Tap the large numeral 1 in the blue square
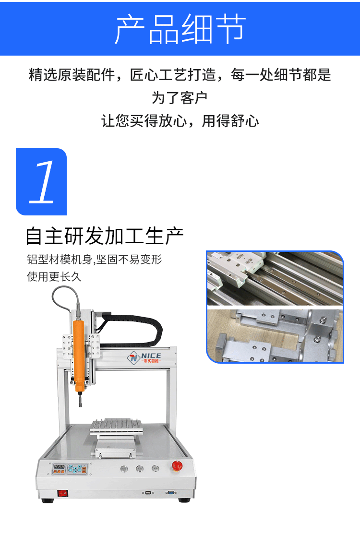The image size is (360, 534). (42, 182)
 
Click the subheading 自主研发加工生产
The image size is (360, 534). (105, 237)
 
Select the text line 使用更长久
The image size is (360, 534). (54, 277)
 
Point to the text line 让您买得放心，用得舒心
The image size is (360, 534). (180, 121)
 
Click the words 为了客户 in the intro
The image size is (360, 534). (180, 98)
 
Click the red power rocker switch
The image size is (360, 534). (62, 492)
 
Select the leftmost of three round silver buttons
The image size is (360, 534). (125, 469)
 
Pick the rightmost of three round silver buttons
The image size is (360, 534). (155, 469)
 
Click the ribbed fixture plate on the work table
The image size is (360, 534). (118, 425)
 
